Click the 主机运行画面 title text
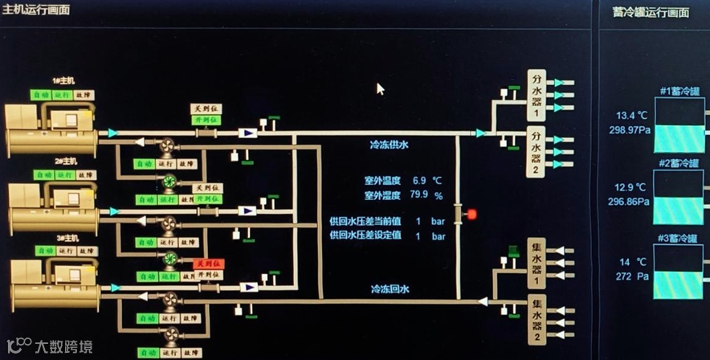point(37,10)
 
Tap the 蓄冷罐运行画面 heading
point(651,13)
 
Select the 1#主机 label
point(63,80)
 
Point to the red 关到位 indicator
point(206,264)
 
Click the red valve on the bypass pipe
point(471,215)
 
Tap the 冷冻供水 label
point(389,145)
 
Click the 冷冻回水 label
point(390,288)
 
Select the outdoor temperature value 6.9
point(419,180)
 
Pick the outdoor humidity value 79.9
point(419,194)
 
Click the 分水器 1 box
point(537,95)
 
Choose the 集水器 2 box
point(537,319)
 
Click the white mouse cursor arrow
point(380,88)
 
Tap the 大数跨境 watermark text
point(63,347)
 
